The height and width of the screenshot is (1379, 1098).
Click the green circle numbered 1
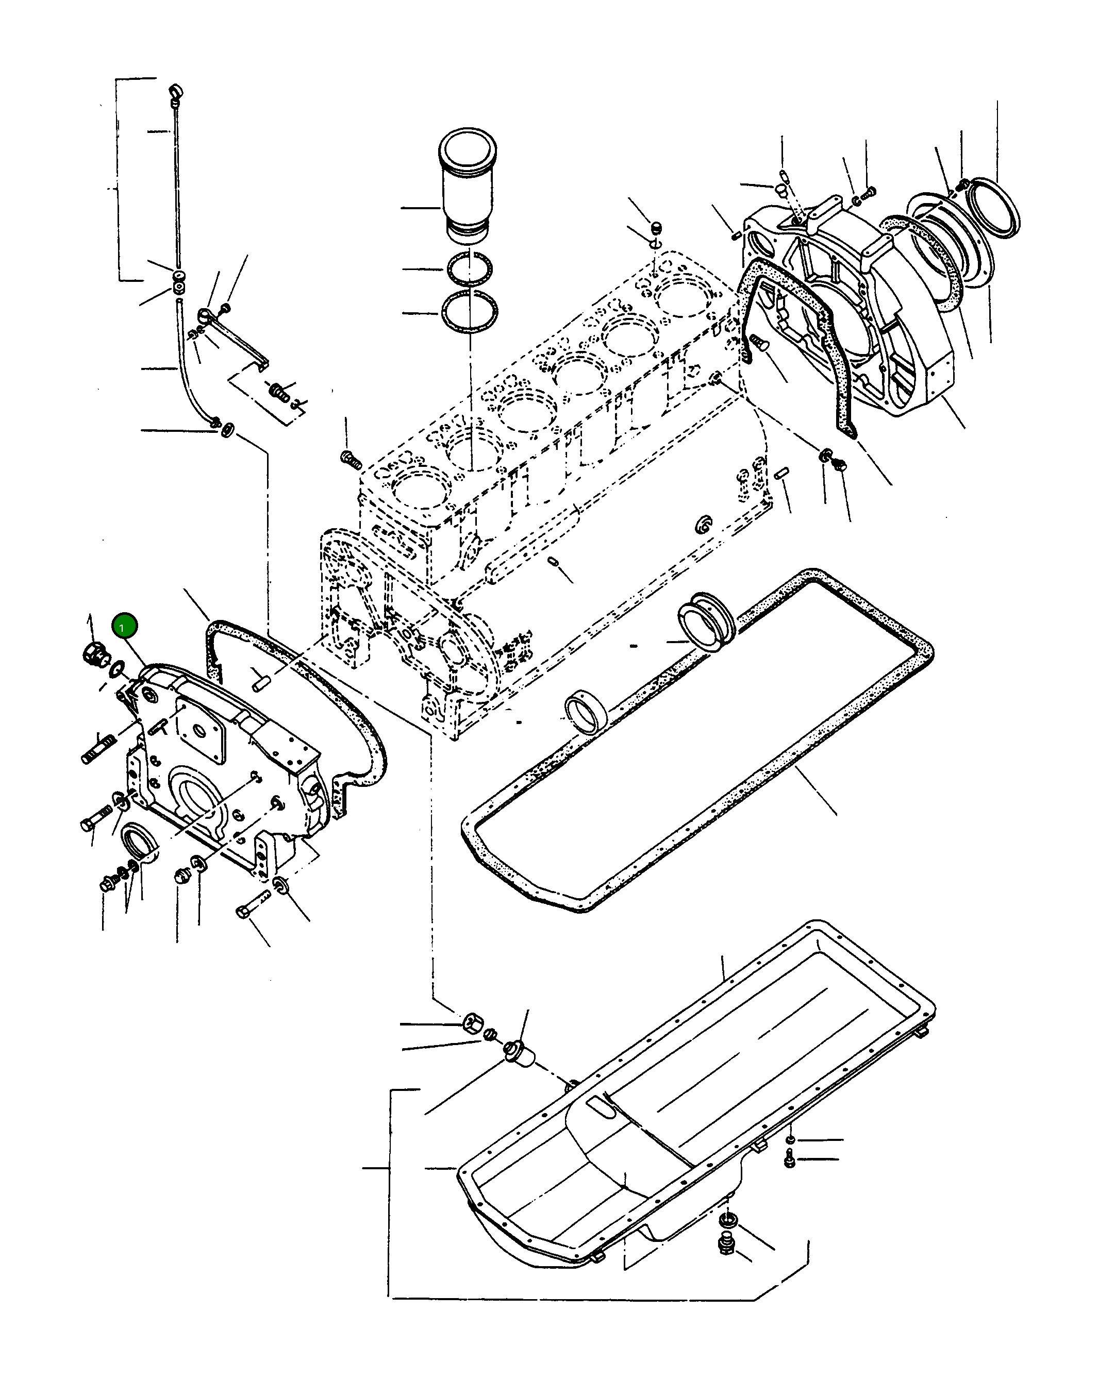click(124, 626)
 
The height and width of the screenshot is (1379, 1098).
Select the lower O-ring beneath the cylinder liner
click(469, 312)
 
